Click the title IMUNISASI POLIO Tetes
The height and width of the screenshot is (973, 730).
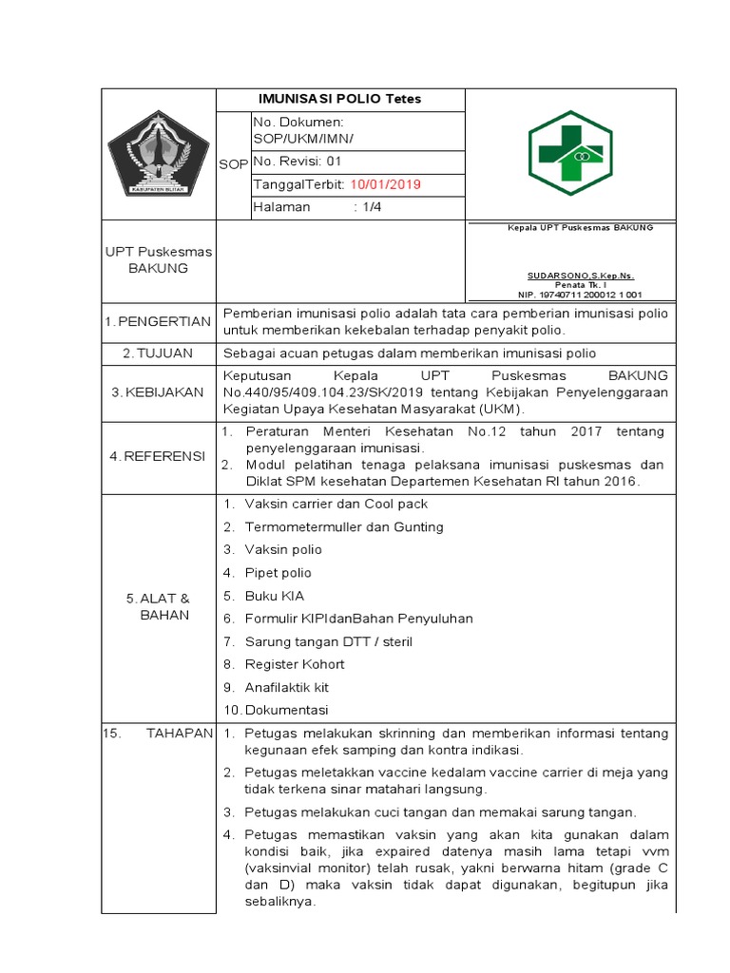(340, 100)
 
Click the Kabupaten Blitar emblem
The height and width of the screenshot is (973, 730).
(158, 154)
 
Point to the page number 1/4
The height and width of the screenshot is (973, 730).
(368, 207)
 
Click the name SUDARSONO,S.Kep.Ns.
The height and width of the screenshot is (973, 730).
(568, 276)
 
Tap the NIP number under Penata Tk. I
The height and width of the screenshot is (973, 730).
(568, 296)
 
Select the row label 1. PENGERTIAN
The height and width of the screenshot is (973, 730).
(158, 322)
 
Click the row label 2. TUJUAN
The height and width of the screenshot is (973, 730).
(158, 353)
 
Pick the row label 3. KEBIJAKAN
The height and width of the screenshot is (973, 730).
(158, 392)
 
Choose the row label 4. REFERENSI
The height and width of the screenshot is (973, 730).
(158, 456)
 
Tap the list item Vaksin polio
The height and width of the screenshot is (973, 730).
(283, 550)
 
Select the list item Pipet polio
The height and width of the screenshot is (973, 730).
(278, 573)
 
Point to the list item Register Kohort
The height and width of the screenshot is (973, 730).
(295, 664)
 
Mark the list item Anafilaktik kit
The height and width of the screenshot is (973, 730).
(287, 687)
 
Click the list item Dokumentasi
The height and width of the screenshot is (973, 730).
(286, 710)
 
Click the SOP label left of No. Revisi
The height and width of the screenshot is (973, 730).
(233, 164)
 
